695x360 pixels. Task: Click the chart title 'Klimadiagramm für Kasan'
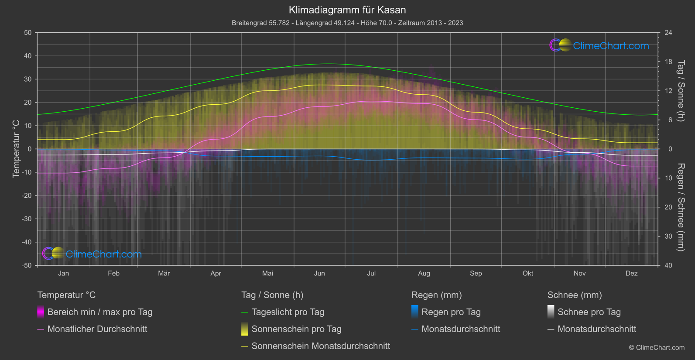click(x=347, y=10)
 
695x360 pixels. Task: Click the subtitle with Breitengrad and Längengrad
click(x=347, y=23)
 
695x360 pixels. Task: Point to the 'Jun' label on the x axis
click(x=319, y=273)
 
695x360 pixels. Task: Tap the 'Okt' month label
click(x=528, y=273)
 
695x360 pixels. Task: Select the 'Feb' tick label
click(x=113, y=273)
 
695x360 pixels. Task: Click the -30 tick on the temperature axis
click(x=27, y=219)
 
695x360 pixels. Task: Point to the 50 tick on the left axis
click(x=28, y=33)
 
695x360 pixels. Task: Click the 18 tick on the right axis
click(x=668, y=62)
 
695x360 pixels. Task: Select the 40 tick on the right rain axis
click(x=668, y=265)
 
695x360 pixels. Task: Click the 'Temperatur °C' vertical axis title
click(x=16, y=149)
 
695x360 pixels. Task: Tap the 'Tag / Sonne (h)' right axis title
click(x=681, y=91)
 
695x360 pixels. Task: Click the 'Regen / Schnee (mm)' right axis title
click(x=681, y=207)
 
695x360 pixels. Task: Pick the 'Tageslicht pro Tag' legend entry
click(x=288, y=312)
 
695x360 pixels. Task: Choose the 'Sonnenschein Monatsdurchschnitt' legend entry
click(x=321, y=346)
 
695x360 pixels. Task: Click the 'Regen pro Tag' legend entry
click(x=451, y=312)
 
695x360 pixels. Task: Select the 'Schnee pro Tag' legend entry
click(x=589, y=312)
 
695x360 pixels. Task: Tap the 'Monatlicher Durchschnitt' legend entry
click(x=97, y=329)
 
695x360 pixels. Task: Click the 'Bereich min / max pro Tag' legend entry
click(x=99, y=312)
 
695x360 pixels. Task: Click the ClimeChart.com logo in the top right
click(x=599, y=45)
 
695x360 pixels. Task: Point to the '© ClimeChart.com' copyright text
click(x=657, y=348)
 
